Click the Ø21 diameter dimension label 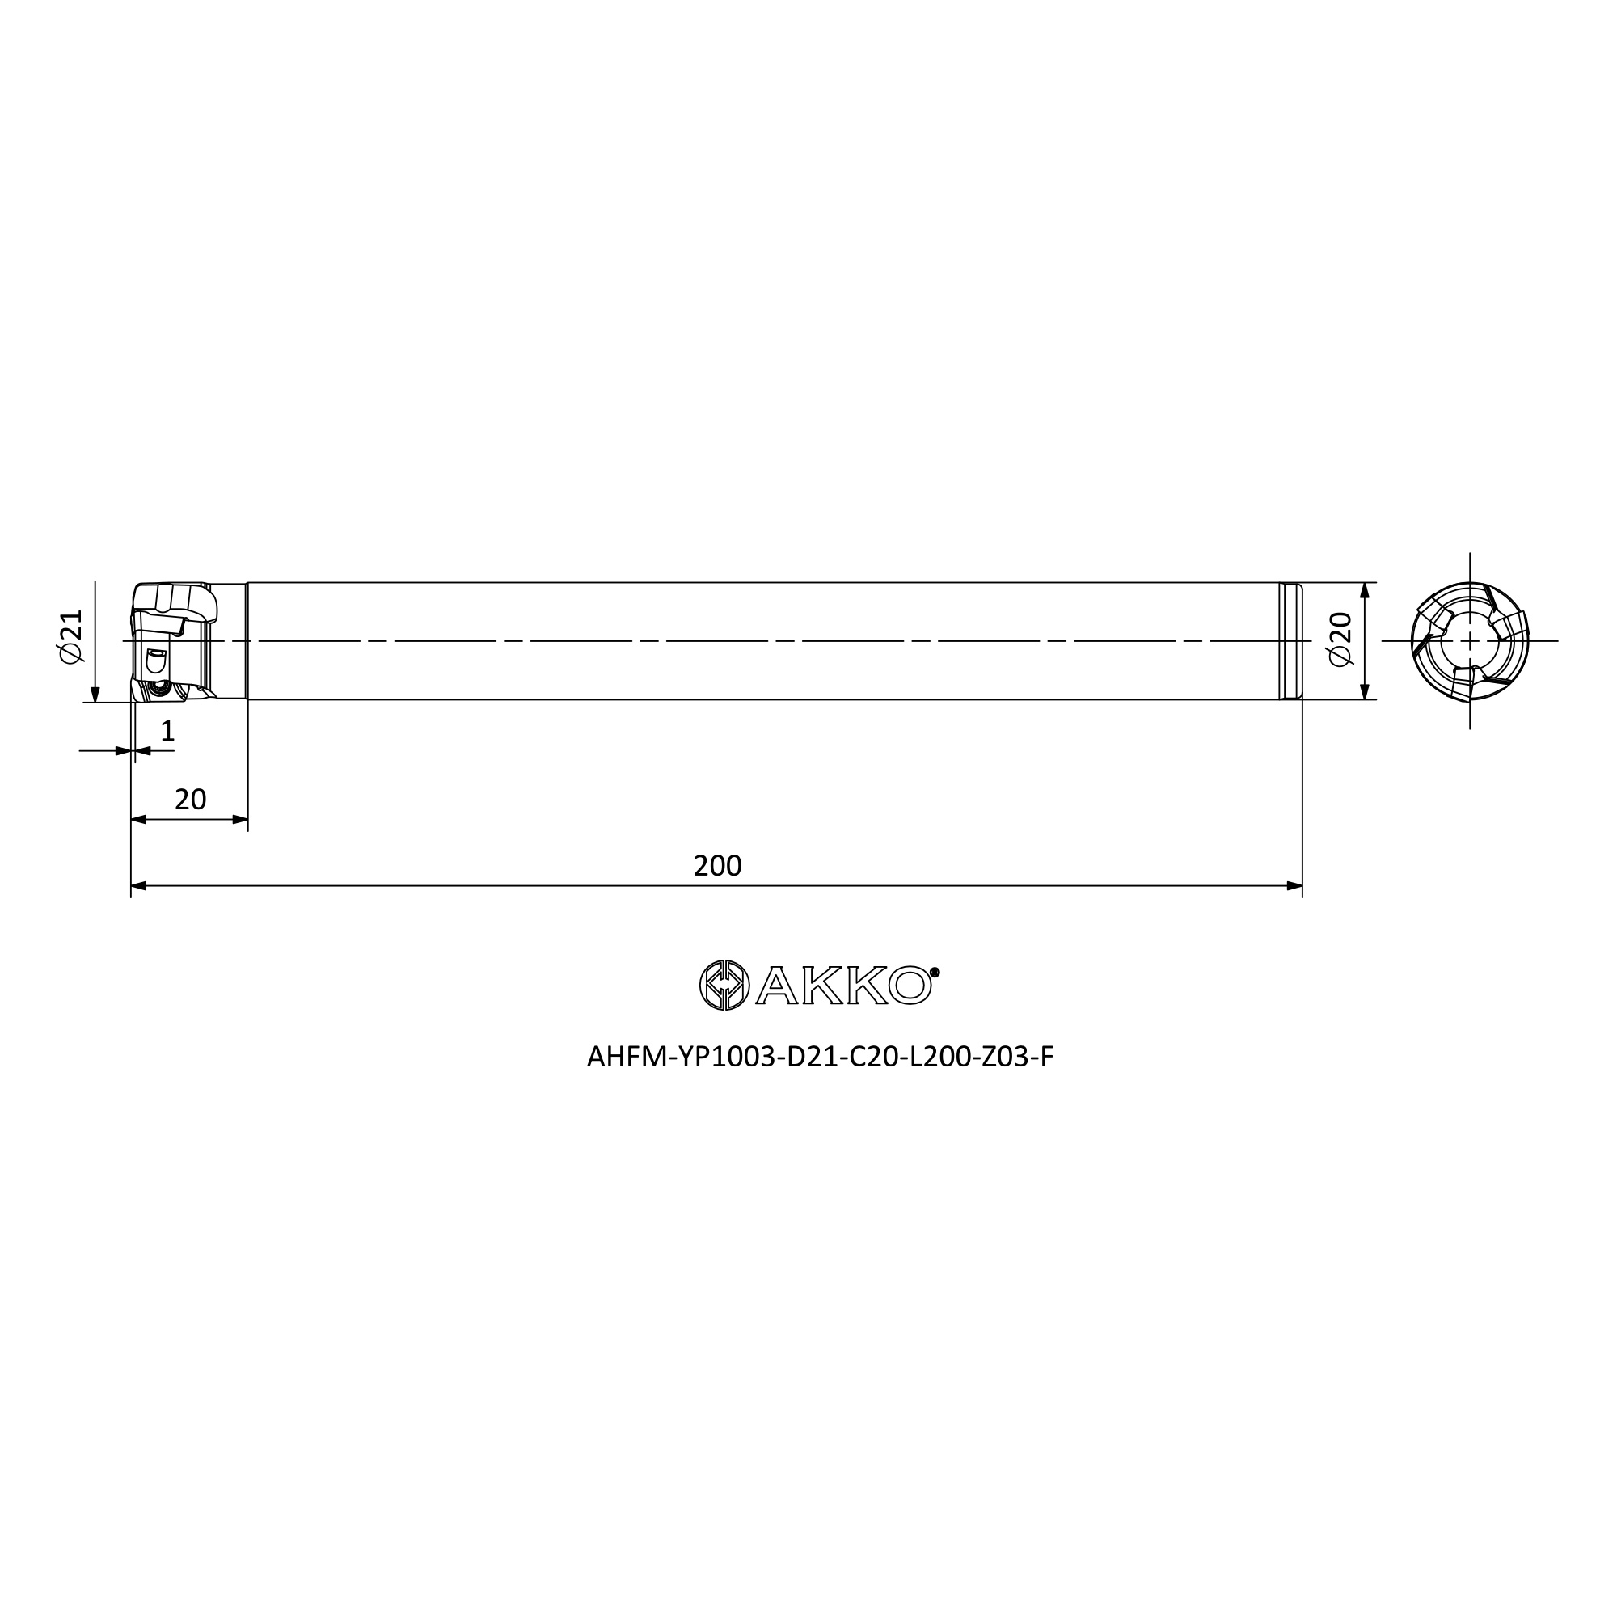pos(72,636)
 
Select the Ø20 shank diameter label pos(1340,640)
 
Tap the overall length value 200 pos(717,866)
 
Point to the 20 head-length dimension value pos(190,800)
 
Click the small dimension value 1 pos(167,732)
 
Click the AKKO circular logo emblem pos(724,985)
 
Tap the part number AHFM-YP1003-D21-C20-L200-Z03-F pos(820,1058)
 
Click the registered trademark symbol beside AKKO pos(935,972)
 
